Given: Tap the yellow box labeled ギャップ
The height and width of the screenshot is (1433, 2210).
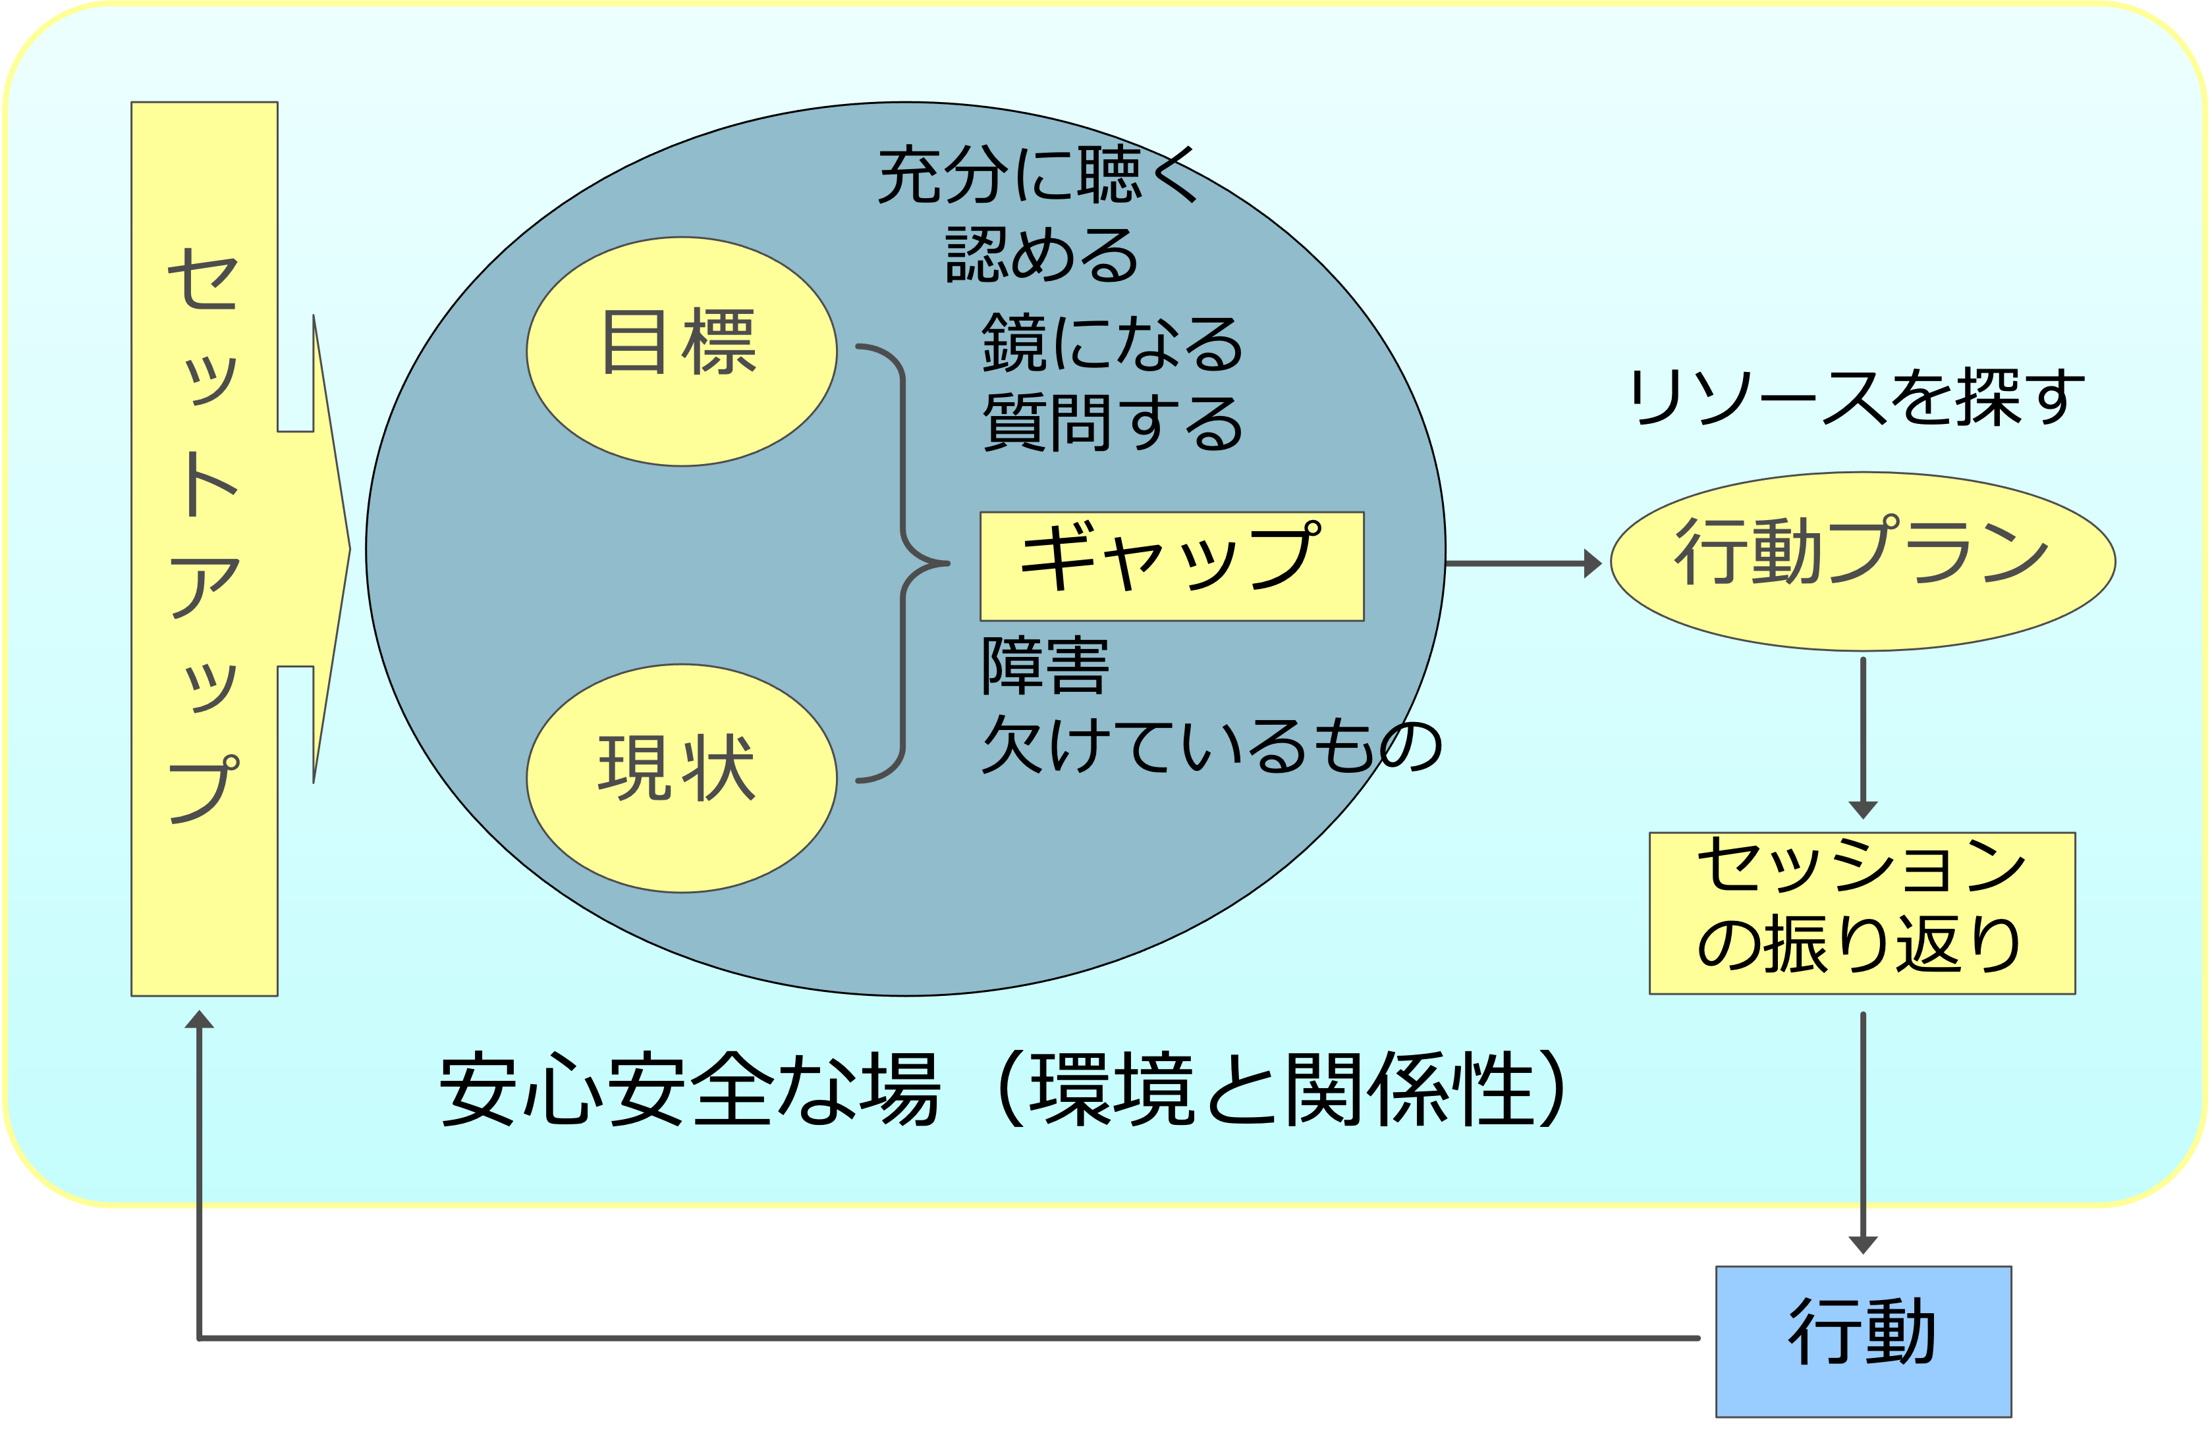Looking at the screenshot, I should click(1171, 565).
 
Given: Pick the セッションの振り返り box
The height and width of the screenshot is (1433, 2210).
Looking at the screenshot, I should click(1861, 912).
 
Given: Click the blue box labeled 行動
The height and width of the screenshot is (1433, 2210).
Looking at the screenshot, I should click(1863, 1340).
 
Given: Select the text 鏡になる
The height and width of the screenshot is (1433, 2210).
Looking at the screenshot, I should click(1111, 342).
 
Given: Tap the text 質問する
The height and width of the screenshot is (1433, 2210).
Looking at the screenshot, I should click(1111, 423).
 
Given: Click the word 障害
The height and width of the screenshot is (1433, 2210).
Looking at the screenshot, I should click(1045, 665).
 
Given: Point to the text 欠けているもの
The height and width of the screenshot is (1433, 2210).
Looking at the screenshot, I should click(1211, 745).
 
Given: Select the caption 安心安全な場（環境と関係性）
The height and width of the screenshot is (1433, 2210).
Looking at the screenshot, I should click(1003, 1089).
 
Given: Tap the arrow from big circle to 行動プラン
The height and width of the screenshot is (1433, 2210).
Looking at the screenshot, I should click(1523, 563).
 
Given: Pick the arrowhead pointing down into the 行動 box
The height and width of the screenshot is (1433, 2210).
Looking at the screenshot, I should click(1863, 1243).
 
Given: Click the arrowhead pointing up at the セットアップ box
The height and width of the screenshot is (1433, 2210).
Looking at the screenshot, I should click(199, 1021).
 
